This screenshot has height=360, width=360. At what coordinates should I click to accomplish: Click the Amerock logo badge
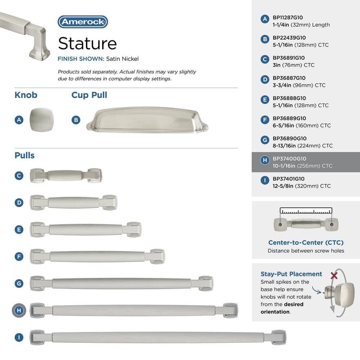(x=83, y=22)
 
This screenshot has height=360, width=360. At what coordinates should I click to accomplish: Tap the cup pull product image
(x=147, y=120)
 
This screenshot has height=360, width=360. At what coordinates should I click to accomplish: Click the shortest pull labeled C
(x=66, y=175)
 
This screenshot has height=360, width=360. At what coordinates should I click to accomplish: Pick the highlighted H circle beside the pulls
(x=19, y=310)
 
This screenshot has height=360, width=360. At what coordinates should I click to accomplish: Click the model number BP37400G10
(x=289, y=159)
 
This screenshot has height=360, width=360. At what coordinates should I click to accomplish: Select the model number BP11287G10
(x=288, y=18)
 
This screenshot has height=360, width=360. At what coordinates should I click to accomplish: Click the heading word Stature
(x=87, y=44)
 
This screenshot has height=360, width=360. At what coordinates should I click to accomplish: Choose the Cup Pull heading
(x=89, y=95)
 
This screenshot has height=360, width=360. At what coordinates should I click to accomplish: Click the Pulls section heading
(x=24, y=156)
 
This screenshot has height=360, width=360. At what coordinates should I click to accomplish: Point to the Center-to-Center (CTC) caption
(x=306, y=242)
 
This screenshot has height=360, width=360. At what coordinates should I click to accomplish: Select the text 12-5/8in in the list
(x=283, y=186)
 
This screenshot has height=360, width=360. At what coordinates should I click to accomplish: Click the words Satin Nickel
(x=122, y=59)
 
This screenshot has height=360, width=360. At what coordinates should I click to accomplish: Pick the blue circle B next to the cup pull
(x=76, y=120)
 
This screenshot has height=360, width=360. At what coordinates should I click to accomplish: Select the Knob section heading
(x=26, y=95)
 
